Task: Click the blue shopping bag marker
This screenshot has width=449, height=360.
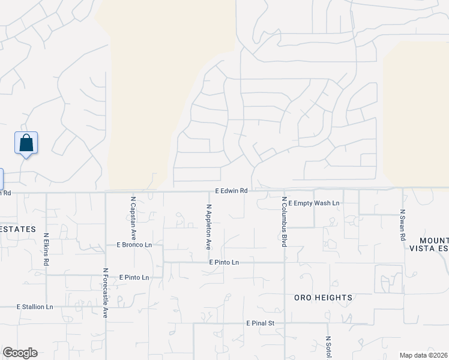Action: point(26,143)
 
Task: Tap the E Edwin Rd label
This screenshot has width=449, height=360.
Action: point(232,191)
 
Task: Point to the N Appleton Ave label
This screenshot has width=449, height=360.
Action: point(209,227)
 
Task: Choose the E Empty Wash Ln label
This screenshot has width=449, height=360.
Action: point(314,203)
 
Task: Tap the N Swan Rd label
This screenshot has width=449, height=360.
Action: point(403,226)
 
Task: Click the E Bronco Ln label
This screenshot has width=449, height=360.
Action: point(134,245)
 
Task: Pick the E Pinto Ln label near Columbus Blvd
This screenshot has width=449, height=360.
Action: point(224,262)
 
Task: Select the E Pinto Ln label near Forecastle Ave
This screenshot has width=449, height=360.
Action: point(134,277)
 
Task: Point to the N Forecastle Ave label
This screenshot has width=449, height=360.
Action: point(105,293)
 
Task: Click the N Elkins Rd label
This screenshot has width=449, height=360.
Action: point(46,250)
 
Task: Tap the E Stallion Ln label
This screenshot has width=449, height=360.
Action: point(35,307)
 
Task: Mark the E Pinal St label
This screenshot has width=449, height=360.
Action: point(260,323)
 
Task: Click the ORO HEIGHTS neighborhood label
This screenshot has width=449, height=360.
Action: point(323,298)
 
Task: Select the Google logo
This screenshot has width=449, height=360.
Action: point(20,353)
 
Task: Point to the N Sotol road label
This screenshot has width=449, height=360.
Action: point(329,347)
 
